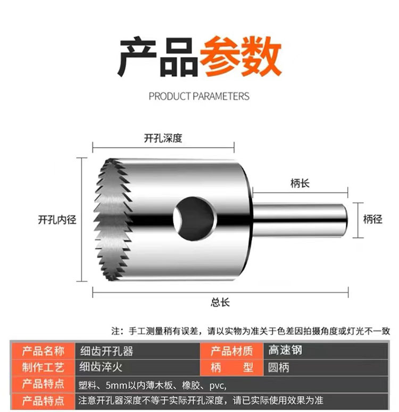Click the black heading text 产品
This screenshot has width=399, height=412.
pos(158,56)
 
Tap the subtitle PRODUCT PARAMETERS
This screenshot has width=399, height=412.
pos(199,96)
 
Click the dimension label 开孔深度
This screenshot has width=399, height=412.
pos(163,139)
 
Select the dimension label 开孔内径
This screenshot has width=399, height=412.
pos(57,220)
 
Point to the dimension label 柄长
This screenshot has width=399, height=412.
pos(300,183)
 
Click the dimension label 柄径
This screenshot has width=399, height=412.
pos(373,219)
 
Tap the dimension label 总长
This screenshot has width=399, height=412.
pos(220,302)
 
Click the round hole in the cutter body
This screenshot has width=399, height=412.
pos(195,219)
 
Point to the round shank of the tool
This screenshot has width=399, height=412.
pos(300,220)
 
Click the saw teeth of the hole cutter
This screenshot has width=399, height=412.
pos(113,220)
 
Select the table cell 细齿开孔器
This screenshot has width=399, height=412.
pos(107,351)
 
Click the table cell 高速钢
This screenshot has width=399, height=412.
pos(285,350)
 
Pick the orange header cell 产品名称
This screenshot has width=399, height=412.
pos(43,351)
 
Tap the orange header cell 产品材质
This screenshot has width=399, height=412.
pos(231,351)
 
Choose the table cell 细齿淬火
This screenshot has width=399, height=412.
pos(101,367)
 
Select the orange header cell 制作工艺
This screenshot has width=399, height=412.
pos(43,367)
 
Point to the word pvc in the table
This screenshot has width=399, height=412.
pos(217,386)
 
